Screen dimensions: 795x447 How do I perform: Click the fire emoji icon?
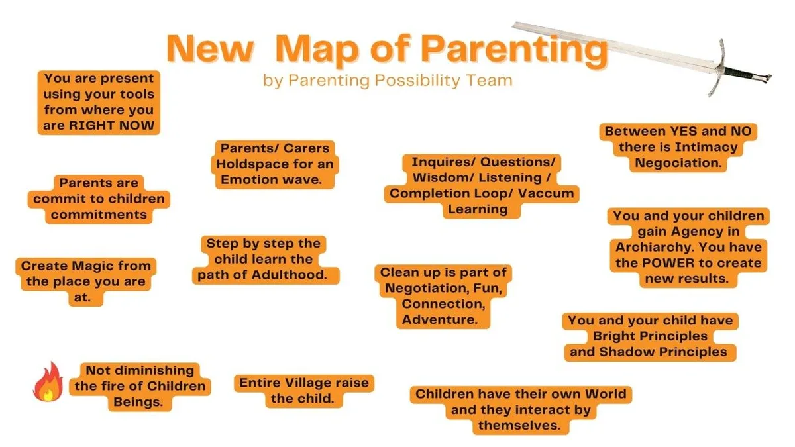pyautogui.click(x=48, y=381)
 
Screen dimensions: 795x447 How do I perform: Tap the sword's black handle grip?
pyautogui.click(x=741, y=73)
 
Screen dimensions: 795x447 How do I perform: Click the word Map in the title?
pyautogui.click(x=317, y=49)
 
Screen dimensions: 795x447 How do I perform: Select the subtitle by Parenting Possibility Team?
pyautogui.click(x=388, y=81)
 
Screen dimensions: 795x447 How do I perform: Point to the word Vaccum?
pyautogui.click(x=546, y=193)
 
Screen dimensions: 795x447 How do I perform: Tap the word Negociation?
pyautogui.click(x=678, y=163)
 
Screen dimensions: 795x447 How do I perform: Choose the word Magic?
pyautogui.click(x=87, y=266)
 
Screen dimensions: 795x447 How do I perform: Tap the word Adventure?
pyautogui.click(x=440, y=319)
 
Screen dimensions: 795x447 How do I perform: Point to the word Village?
pyautogui.click(x=307, y=383)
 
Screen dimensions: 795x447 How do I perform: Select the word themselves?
pyautogui.click(x=519, y=425)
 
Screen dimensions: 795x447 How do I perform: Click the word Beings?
pyautogui.click(x=138, y=402)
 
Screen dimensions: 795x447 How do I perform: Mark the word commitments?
pyautogui.click(x=99, y=215)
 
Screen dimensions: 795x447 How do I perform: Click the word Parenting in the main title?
pyautogui.click(x=515, y=50)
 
